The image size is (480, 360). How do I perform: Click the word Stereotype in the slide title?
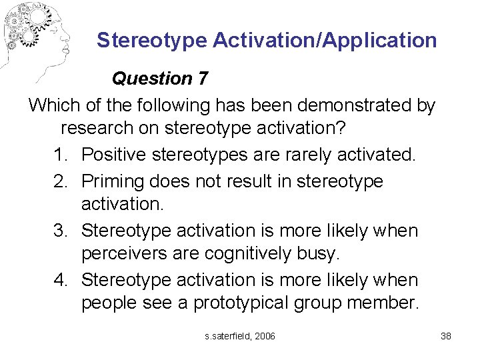[x=152, y=41]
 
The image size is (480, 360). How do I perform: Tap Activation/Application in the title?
[x=325, y=41]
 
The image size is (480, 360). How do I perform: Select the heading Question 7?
[x=160, y=79]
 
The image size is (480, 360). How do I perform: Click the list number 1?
[x=62, y=155]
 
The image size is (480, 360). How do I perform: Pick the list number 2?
[x=62, y=181]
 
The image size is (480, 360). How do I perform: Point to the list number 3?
[x=62, y=231]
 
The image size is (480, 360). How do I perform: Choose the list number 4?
[x=62, y=280]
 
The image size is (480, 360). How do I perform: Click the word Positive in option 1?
[x=114, y=155]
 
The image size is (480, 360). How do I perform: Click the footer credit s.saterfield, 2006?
[x=240, y=336]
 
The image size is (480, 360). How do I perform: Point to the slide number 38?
[x=446, y=336]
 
